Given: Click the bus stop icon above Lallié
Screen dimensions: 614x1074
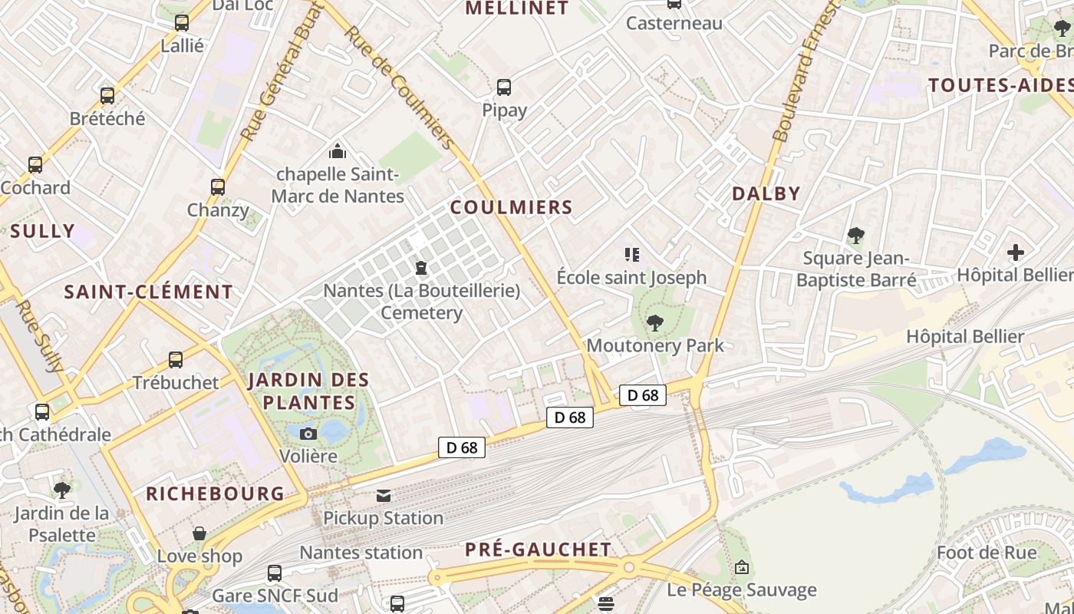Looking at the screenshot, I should [x=182, y=23].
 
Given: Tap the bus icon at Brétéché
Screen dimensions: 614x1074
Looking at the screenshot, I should [x=107, y=96].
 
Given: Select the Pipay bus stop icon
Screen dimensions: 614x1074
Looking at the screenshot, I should [x=504, y=87].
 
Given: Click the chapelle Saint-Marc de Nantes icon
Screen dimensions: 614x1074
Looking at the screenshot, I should [x=337, y=151].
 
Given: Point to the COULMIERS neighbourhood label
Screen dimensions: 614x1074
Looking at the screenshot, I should [x=511, y=207].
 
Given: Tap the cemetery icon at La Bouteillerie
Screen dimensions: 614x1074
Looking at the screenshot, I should [x=421, y=268].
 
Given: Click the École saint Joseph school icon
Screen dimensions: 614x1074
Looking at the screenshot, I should [x=632, y=254].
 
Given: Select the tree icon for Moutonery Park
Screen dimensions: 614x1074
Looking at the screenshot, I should [x=654, y=322].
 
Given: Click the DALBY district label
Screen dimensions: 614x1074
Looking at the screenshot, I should [x=766, y=193].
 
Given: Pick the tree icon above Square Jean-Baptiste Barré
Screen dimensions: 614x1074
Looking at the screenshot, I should [x=856, y=236].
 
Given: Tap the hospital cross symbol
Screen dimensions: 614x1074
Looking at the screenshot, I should [x=1016, y=252].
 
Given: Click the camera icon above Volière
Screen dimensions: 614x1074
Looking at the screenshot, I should [x=308, y=434].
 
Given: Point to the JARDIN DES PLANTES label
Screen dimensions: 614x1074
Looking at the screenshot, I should [x=308, y=391].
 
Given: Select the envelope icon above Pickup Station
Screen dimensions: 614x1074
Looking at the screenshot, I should [x=383, y=496].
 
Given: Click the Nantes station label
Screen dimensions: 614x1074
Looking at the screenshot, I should [x=361, y=553].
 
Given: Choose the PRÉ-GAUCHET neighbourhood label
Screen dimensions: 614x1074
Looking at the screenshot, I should [x=539, y=550].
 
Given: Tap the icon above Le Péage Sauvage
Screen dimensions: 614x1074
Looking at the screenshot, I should [x=742, y=568].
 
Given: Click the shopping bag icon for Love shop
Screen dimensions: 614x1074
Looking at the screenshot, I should [x=199, y=533].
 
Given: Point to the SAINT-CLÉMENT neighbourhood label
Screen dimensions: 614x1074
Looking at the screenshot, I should [x=148, y=292].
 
